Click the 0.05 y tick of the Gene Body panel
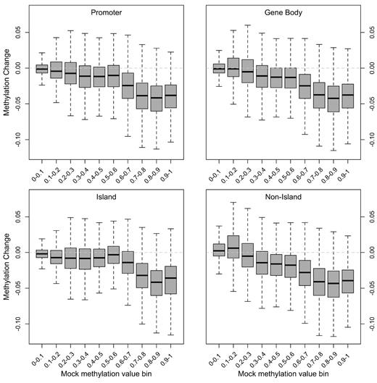point(367,33)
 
